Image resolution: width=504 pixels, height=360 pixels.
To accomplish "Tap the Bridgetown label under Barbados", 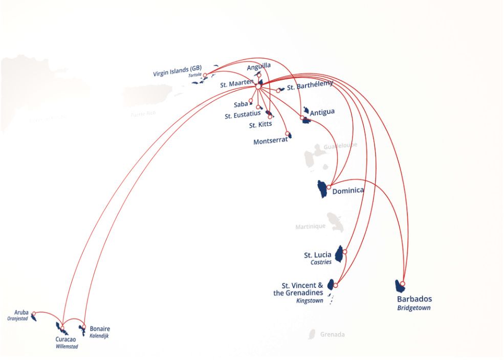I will tap(413, 308).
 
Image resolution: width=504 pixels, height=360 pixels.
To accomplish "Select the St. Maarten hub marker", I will tap(258, 86).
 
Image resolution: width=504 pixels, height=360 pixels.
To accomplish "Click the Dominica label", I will tap(348, 191).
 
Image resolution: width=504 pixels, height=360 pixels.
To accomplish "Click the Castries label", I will tap(321, 262).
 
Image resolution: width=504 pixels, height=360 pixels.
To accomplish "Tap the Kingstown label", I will tap(310, 301).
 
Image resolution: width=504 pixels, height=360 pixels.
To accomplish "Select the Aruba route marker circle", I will tap(34, 313).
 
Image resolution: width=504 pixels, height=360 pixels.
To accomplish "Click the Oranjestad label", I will tap(17, 319).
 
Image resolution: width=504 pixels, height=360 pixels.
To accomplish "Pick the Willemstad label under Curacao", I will tap(67, 346).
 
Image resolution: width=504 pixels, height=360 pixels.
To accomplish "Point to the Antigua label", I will tap(322, 112).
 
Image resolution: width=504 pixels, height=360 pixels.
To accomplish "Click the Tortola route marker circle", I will tap(205, 76).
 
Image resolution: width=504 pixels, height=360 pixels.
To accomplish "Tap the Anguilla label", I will tap(259, 66).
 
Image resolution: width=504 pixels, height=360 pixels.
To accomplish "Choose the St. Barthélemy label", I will tap(310, 86).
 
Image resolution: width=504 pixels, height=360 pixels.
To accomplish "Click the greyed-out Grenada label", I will tap(332, 335).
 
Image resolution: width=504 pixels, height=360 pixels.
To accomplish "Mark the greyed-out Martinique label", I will tap(310, 227).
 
